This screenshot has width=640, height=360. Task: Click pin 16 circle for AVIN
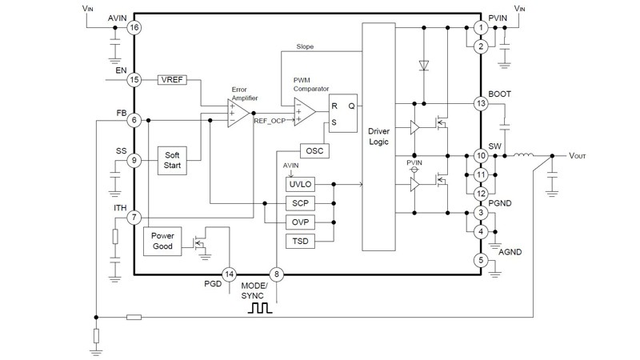pyautogui.click(x=134, y=27)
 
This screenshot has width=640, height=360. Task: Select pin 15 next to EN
pyautogui.click(x=134, y=80)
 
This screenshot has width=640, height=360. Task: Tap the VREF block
pyautogui.click(x=174, y=80)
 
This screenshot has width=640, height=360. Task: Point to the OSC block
pyautogui.click(x=313, y=150)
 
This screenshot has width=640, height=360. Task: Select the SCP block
pyautogui.click(x=301, y=204)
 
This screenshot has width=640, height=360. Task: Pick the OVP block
pyautogui.click(x=301, y=223)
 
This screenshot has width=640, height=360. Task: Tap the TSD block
pyautogui.click(x=301, y=242)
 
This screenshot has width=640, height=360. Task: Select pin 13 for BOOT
pyautogui.click(x=481, y=104)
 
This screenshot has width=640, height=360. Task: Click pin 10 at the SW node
pyautogui.click(x=481, y=155)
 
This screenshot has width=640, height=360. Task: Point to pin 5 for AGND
pyautogui.click(x=481, y=259)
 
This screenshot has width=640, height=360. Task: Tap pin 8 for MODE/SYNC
pyautogui.click(x=277, y=274)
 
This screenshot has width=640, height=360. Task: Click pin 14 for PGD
pyautogui.click(x=230, y=274)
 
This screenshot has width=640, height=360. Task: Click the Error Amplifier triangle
pyautogui.click(x=237, y=113)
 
